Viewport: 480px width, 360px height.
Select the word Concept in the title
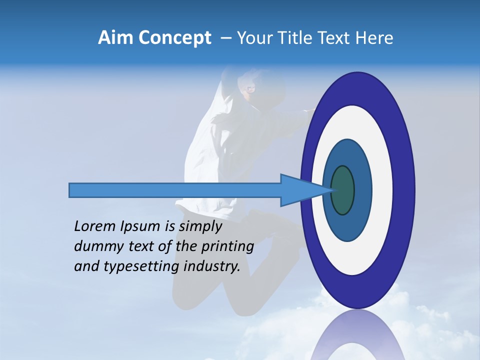pyautogui.click(x=174, y=38)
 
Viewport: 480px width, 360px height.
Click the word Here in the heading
pyautogui.click(x=374, y=38)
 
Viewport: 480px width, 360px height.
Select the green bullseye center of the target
pyautogui.click(x=343, y=190)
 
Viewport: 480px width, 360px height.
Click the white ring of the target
pyautogui.click(x=380, y=190)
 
